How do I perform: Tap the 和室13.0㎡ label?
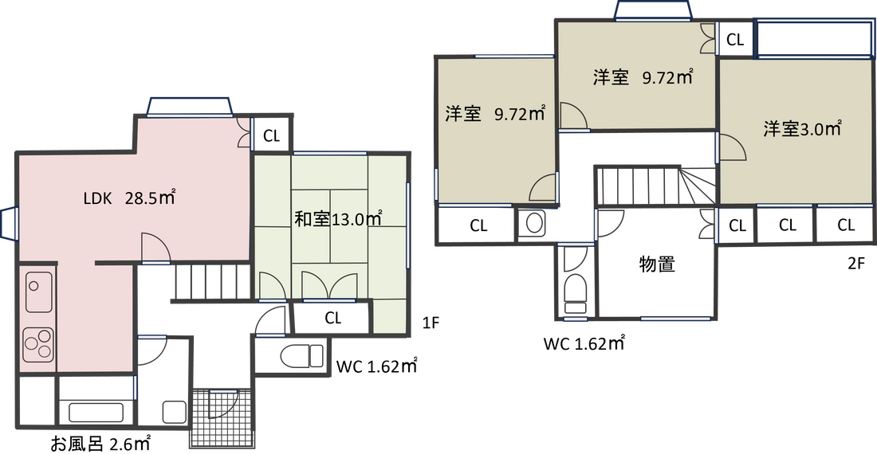click(x=338, y=219)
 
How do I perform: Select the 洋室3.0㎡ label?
click(x=802, y=129)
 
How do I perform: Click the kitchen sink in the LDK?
click(x=38, y=292)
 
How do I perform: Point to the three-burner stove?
click(x=37, y=344)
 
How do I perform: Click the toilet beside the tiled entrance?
click(x=299, y=357)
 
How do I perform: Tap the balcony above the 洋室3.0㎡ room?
click(x=812, y=38)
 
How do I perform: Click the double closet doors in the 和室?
click(x=328, y=285)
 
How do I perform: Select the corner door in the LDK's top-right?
click(x=244, y=135)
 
